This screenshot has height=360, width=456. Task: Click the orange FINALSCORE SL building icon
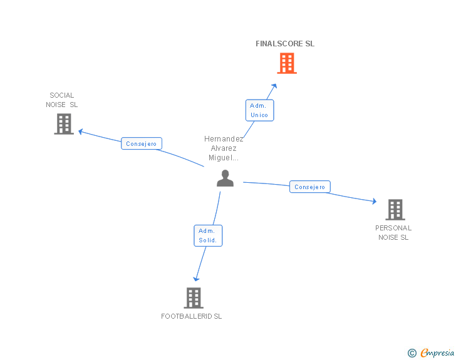pos(286,63)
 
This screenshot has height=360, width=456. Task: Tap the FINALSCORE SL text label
pos(285,44)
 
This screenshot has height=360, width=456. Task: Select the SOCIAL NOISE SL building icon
pos(63,124)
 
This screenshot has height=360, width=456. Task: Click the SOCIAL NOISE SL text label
pos(62,100)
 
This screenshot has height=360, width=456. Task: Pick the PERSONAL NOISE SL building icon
pos(395,210)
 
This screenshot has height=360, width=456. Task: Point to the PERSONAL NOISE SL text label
pos(393,233)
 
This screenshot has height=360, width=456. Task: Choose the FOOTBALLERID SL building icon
pos(194,298)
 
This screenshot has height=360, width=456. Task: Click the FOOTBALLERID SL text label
pos(192,316)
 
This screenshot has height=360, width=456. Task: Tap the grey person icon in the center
pos(225,178)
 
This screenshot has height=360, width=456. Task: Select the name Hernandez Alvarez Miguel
pos(224,148)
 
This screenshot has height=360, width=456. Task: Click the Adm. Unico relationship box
pos(259,110)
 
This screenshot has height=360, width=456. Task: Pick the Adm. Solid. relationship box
pos(207,235)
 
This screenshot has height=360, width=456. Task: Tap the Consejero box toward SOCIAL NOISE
pos(141,143)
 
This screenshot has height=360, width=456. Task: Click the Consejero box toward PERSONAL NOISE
pos(309,187)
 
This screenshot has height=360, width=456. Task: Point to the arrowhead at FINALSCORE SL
pos(274,86)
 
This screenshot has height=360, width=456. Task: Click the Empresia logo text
pos(437,353)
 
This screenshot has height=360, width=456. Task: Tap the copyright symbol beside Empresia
pos(412,353)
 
